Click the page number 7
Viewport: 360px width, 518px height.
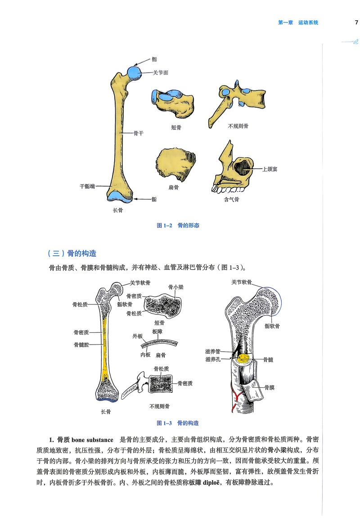[x=356, y=23]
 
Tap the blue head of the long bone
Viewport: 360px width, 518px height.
[x=134, y=73]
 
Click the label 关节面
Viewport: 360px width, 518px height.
[x=160, y=73]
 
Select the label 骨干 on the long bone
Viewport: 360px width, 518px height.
[x=139, y=133]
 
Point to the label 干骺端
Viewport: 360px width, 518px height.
[x=87, y=186]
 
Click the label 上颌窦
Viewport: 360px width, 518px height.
[x=270, y=169]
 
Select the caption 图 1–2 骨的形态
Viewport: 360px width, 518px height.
[x=178, y=225]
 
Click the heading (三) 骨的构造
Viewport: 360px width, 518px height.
[x=72, y=254]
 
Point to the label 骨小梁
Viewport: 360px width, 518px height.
[x=176, y=287]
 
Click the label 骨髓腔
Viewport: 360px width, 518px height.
[x=81, y=345]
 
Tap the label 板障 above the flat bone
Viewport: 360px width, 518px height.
[x=157, y=332]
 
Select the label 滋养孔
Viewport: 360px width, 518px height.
[x=213, y=359]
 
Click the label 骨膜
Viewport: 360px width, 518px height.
[x=269, y=387]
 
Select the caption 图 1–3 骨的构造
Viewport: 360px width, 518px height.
[x=178, y=423]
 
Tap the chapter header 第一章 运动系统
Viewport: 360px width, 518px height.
[x=298, y=23]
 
